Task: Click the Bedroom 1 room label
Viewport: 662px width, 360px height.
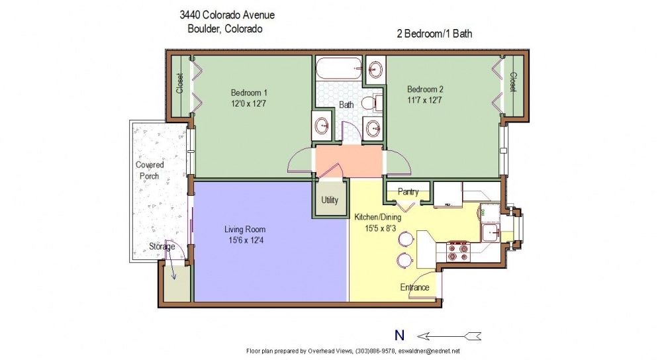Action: [249, 92]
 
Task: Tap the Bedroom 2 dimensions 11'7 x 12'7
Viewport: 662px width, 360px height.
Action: [424, 101]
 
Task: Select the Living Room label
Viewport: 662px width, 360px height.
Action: [245, 230]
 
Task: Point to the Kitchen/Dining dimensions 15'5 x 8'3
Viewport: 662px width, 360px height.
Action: [377, 228]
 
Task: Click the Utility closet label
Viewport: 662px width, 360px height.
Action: [330, 200]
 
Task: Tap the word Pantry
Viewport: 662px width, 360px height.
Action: [408, 192]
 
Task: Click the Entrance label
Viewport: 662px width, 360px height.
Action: [414, 287]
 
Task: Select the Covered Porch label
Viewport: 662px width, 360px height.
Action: [150, 170]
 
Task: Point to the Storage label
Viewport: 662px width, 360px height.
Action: [162, 247]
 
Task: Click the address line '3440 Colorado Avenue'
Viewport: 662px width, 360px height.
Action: [228, 15]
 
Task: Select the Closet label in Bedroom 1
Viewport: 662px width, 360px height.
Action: [179, 83]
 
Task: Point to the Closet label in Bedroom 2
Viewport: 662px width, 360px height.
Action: [512, 83]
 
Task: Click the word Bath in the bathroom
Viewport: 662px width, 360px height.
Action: [346, 105]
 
